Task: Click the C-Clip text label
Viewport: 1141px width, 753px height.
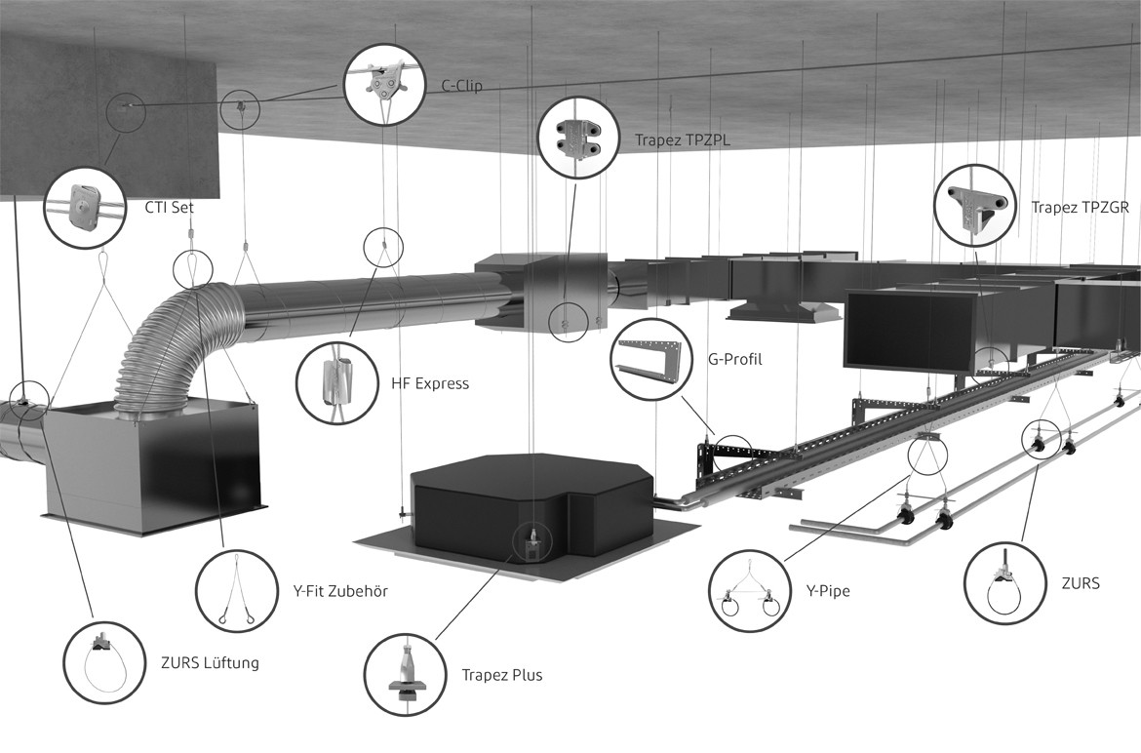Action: coord(462,86)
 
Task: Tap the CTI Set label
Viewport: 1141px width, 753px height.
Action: coord(170,208)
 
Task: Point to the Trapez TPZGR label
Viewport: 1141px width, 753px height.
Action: coord(1080,208)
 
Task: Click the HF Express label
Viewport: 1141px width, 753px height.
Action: coord(430,383)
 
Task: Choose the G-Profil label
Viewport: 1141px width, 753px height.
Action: coord(735,359)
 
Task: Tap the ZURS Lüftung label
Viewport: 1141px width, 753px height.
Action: coord(210,663)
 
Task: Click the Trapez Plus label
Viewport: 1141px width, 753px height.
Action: coord(502,675)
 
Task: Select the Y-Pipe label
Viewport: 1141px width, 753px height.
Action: coord(827,591)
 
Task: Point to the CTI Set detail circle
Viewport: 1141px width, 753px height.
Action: coord(85,208)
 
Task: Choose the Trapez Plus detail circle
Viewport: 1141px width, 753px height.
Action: coord(406,674)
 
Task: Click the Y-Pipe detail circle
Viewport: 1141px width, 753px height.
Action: coord(750,590)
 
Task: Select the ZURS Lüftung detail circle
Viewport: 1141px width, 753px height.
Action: coord(104,663)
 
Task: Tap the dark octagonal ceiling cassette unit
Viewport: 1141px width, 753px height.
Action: coord(531,507)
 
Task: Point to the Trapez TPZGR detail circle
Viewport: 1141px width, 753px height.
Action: coord(976,207)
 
